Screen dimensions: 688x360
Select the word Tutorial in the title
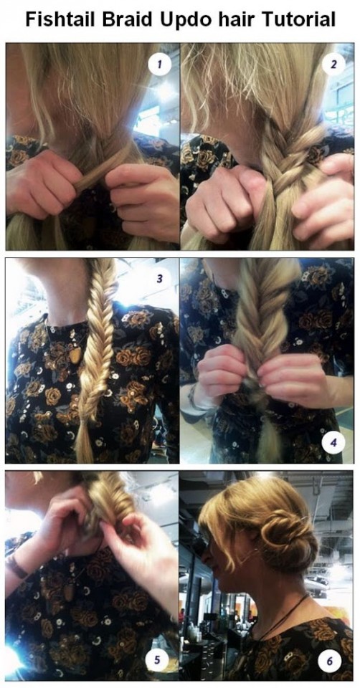point(300,20)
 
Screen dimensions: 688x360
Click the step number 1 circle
point(159,65)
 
